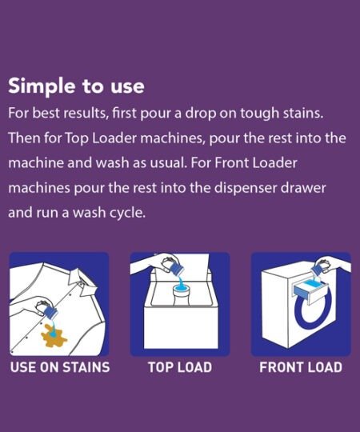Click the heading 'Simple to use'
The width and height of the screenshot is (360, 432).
76,86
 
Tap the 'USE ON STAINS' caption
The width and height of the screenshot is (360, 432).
60,367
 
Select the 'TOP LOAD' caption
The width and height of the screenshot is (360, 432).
180,367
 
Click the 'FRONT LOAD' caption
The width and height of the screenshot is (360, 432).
301,367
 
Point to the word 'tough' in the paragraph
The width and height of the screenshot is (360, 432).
259,114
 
